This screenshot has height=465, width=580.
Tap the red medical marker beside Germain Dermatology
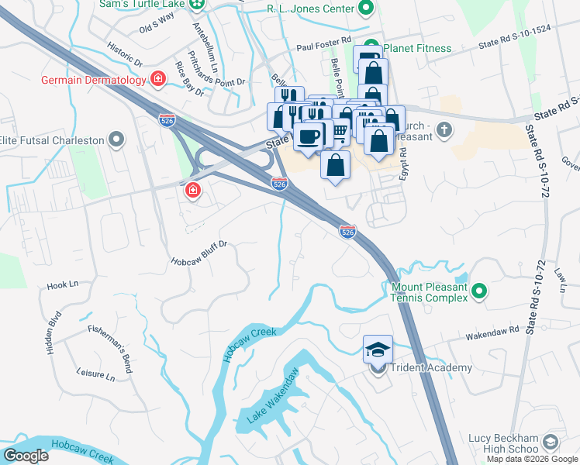(159, 79)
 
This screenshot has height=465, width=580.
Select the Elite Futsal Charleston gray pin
(116, 140)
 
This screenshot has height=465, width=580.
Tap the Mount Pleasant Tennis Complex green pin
(480, 291)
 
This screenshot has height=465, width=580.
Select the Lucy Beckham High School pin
(550, 443)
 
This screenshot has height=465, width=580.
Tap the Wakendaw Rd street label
(492, 334)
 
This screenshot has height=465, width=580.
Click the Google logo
(26, 456)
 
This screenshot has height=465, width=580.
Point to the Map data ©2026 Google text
(532, 459)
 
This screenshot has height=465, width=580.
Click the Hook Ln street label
(64, 285)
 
